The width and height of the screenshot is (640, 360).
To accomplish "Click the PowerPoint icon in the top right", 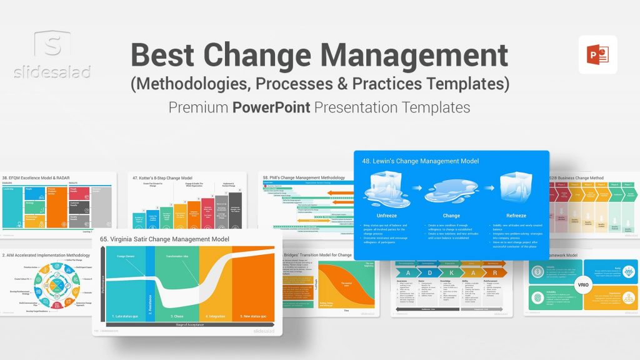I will pyautogui.click(x=597, y=54).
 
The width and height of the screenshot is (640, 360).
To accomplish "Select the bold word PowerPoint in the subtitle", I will pyautogui.click(x=271, y=107).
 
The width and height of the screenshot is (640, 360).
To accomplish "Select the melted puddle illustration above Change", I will pyautogui.click(x=451, y=192).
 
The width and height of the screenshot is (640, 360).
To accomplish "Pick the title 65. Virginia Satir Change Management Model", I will pyautogui.click(x=164, y=239).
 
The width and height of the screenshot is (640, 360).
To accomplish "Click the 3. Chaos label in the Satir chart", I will pyautogui.click(x=178, y=317).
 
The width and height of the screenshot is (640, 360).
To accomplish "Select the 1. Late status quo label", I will pyautogui.click(x=124, y=317).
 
